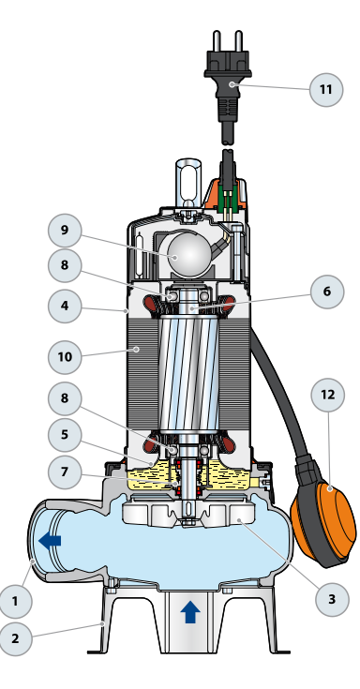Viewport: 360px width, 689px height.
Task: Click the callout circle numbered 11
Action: click(325, 90)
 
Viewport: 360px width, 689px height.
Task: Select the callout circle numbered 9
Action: click(65, 231)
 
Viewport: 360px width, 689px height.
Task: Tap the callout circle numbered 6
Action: click(327, 292)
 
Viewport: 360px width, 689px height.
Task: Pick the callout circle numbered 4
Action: click(65, 306)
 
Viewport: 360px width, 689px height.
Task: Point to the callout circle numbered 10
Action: click(65, 357)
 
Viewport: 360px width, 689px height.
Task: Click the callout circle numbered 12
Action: click(328, 395)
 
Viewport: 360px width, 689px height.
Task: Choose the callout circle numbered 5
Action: click(65, 435)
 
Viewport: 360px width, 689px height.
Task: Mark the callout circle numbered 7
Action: click(65, 472)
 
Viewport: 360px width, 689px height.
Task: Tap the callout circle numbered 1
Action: click(15, 601)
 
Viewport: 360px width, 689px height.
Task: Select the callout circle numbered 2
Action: click(15, 638)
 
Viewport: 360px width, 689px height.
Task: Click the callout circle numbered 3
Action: click(332, 599)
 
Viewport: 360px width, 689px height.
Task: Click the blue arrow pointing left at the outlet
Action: click(50, 541)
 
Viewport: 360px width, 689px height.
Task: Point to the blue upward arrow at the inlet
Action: click(190, 612)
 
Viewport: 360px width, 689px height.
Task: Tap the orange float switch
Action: click(324, 524)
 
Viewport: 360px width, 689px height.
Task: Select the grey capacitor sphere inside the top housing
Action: click(188, 254)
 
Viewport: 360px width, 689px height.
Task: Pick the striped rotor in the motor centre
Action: click(188, 373)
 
